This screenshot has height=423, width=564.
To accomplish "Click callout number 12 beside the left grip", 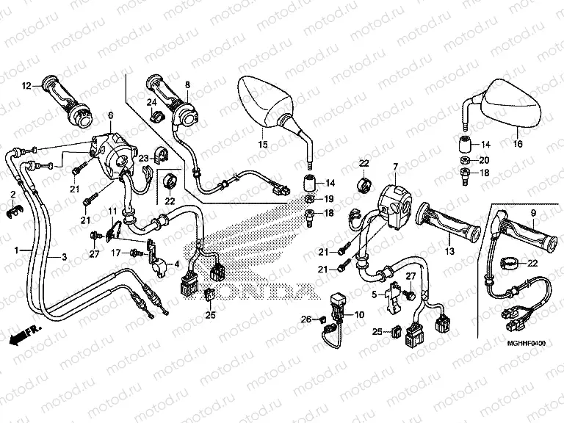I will click(x=26, y=86).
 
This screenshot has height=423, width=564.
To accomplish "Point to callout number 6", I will click(x=111, y=115).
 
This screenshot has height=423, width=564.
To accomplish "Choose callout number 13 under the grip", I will click(x=450, y=251).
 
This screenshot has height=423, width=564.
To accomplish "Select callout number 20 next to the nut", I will click(x=483, y=159).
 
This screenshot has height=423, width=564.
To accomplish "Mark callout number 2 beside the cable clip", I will click(x=12, y=194).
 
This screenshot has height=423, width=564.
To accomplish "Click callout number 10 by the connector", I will click(x=360, y=315).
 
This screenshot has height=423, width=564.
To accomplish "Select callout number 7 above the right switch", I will click(x=394, y=168).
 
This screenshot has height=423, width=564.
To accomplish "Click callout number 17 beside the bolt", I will click(x=116, y=253).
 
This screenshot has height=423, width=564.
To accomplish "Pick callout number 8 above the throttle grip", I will click(x=187, y=85).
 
